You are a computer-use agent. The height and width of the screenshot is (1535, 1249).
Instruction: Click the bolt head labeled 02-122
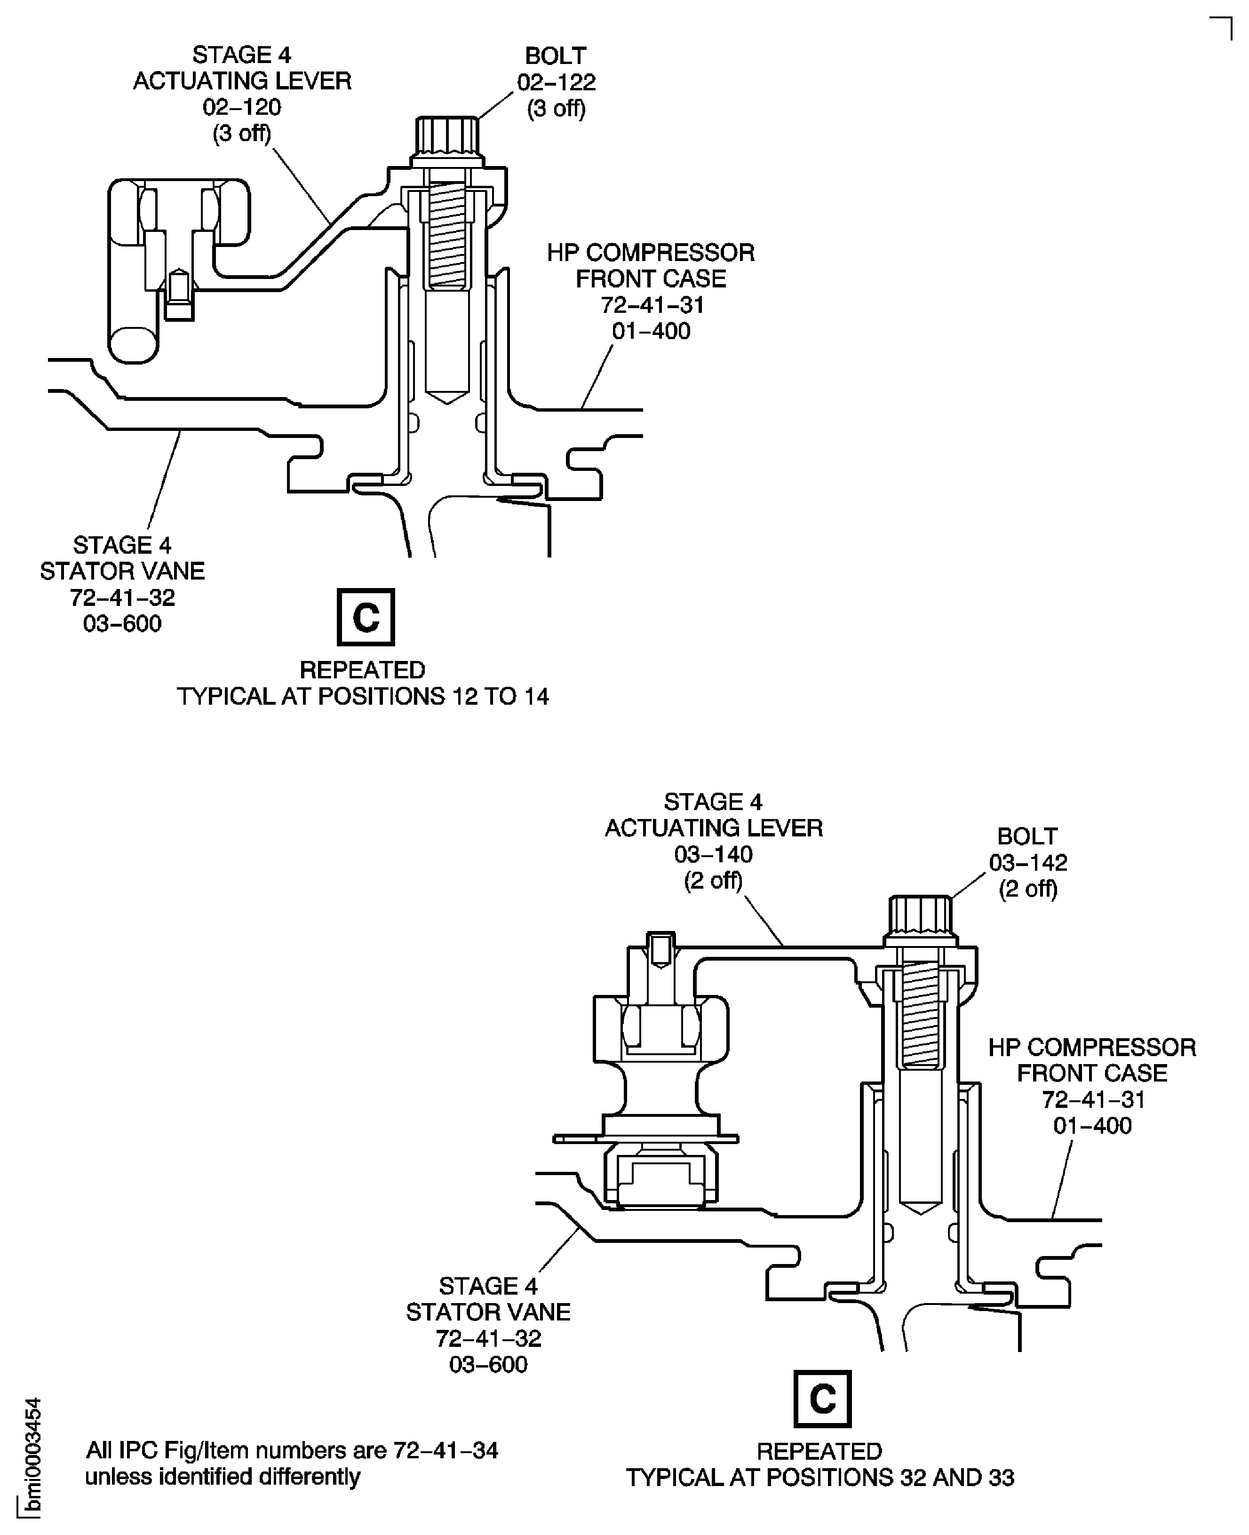pos(447,139)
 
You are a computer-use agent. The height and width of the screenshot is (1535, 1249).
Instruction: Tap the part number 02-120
pos(242,107)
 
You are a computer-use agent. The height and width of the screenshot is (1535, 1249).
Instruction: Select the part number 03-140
pos(713,855)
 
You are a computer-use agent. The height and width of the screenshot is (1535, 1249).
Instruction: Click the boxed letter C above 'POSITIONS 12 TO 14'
pos(366,617)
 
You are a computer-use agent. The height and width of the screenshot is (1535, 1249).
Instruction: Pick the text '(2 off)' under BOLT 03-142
pos(1028,889)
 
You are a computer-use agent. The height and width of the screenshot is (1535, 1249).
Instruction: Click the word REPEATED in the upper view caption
pos(363,670)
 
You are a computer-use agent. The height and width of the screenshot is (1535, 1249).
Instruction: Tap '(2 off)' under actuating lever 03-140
pos(713,881)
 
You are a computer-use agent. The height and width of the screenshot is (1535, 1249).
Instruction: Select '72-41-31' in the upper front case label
pos(652,305)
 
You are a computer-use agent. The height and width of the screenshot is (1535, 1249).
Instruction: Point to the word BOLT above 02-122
pos(556,56)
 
